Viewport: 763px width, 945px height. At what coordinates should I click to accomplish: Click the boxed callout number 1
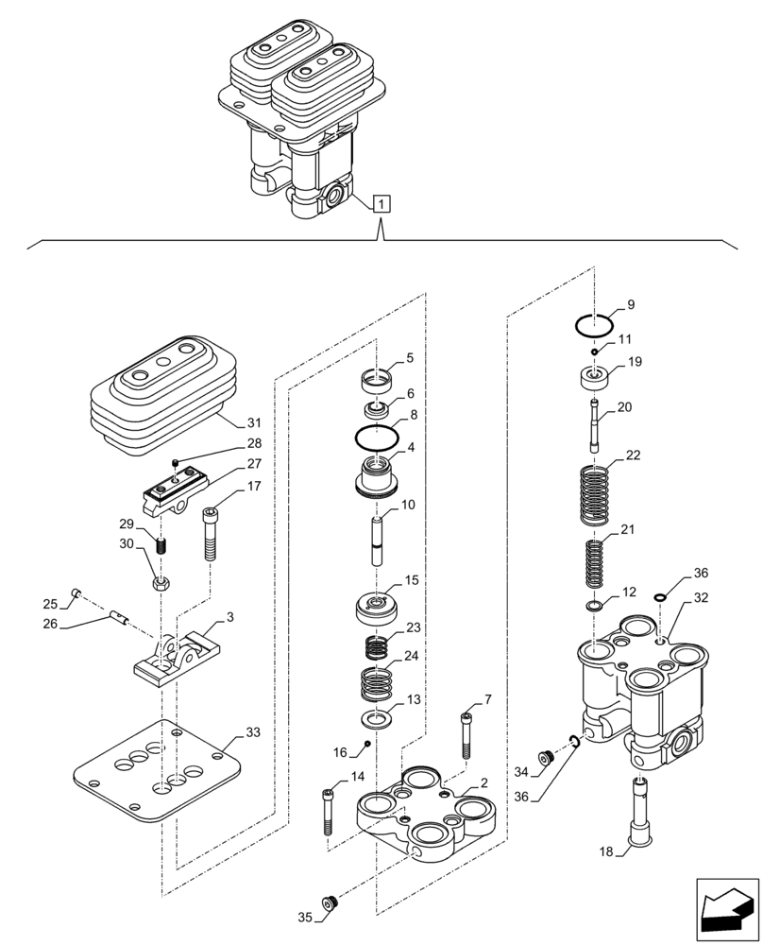[x=381, y=202]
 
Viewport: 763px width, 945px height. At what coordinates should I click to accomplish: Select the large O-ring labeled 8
[x=376, y=438]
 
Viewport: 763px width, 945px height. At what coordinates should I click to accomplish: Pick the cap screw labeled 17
[x=210, y=535]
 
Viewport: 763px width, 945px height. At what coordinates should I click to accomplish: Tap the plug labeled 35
[x=329, y=904]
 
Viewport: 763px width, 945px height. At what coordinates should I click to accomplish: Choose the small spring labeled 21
[x=593, y=563]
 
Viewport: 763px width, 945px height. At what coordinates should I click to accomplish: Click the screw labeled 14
[x=327, y=811]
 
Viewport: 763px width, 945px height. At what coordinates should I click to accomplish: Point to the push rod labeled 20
[x=593, y=428]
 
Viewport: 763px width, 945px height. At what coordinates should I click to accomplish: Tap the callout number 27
[x=228, y=464]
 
